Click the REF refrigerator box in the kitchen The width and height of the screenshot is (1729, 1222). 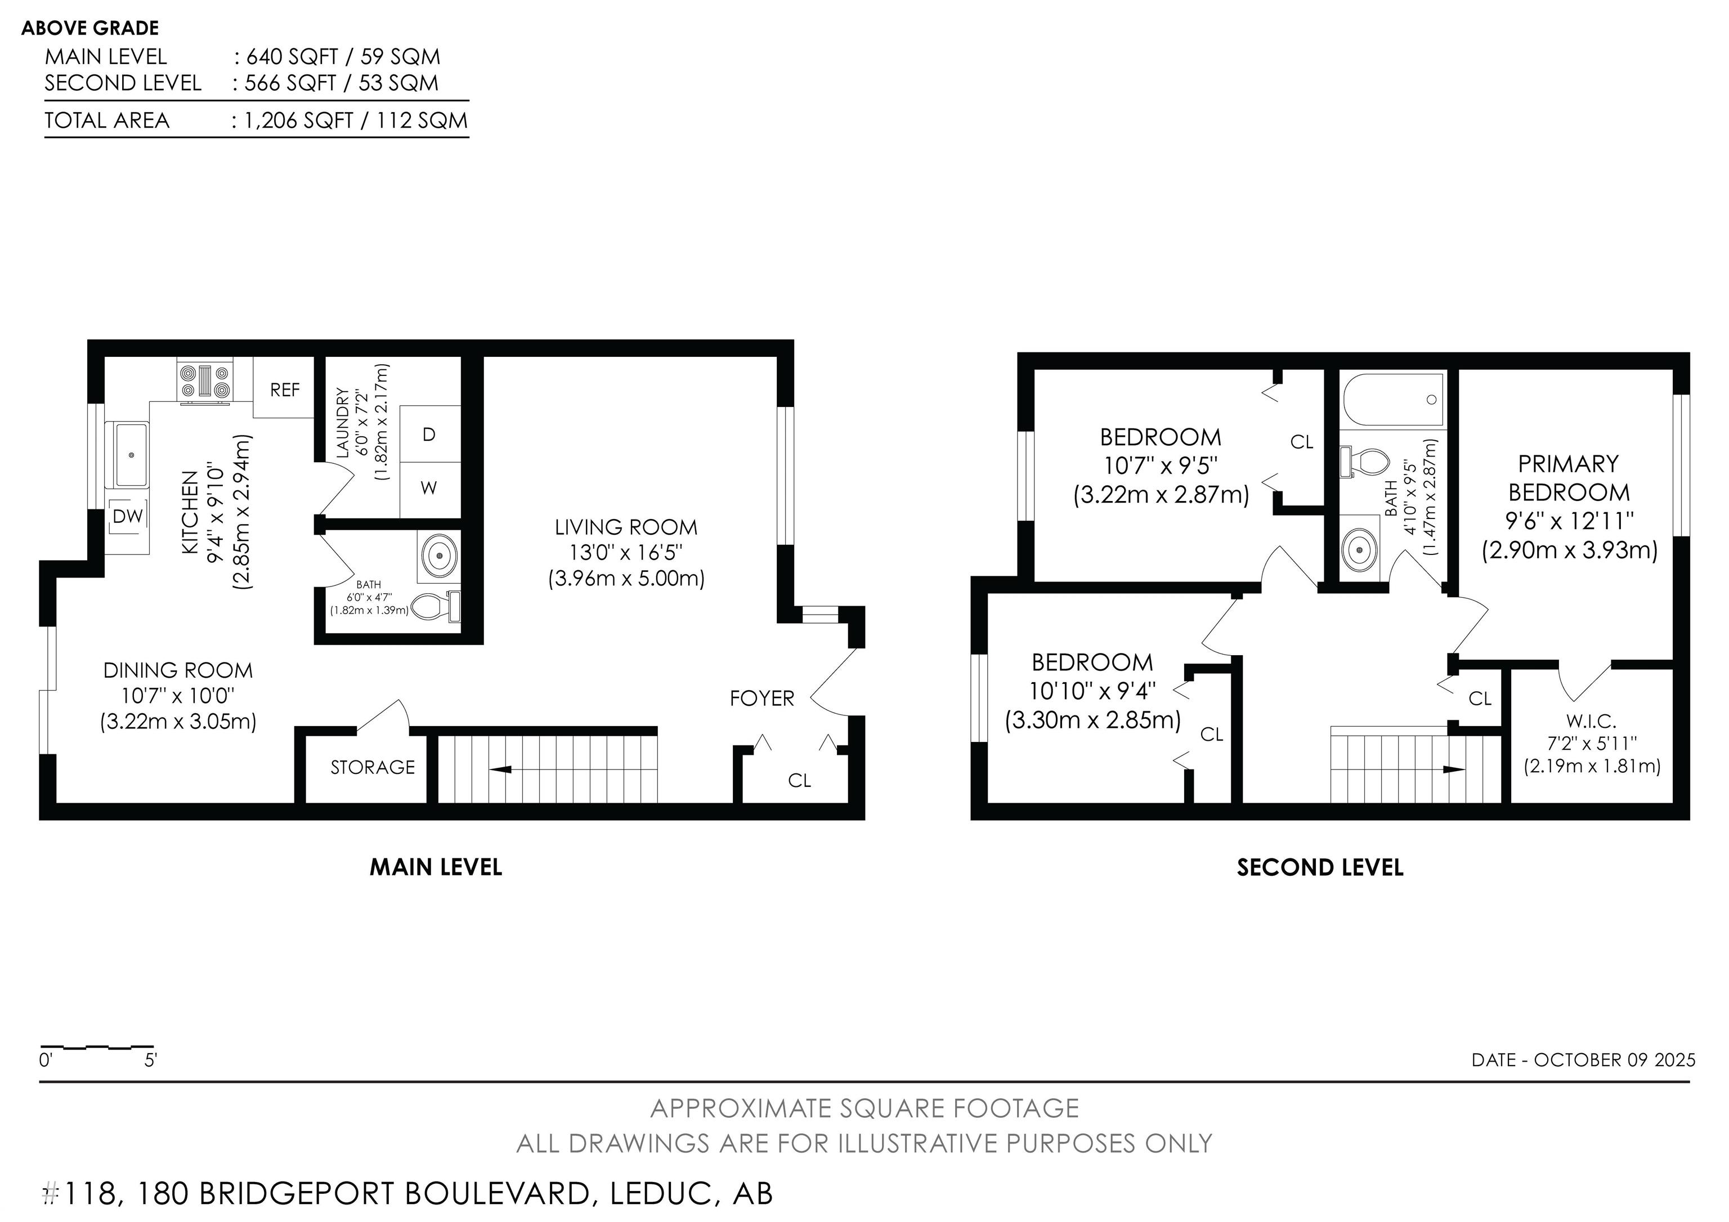click(283, 388)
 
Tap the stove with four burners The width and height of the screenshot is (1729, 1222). click(205, 381)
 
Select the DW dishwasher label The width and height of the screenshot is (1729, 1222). click(128, 517)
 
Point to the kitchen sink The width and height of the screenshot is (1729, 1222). click(132, 454)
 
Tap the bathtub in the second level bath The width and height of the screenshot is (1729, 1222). click(1393, 399)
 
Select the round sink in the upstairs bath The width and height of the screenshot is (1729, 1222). click(1359, 549)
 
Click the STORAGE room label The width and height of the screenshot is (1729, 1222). click(373, 767)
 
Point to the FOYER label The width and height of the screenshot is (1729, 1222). click(762, 699)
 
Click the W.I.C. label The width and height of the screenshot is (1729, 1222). click(1591, 721)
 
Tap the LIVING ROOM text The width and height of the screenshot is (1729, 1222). click(626, 527)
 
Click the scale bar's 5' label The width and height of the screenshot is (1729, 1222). click(151, 1061)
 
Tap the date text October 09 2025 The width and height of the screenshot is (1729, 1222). click(1615, 1060)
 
